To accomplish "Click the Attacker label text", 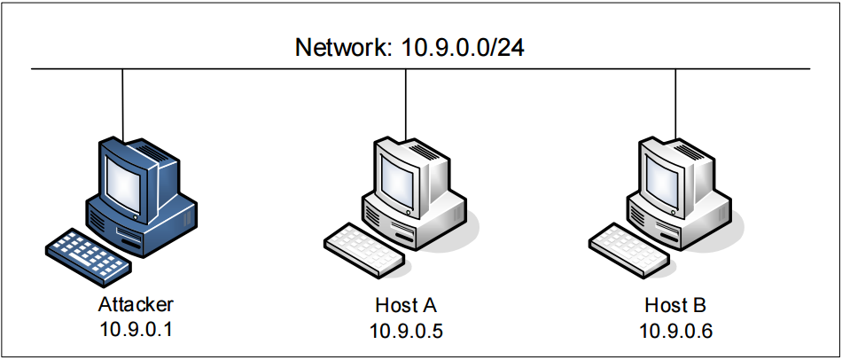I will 136,305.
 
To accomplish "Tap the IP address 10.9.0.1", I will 136,330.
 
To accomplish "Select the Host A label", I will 407,305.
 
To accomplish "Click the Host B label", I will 675,305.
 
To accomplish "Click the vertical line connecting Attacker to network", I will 122,102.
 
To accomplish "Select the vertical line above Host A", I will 406,102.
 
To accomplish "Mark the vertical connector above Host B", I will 675,102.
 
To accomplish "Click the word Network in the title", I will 340,47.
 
